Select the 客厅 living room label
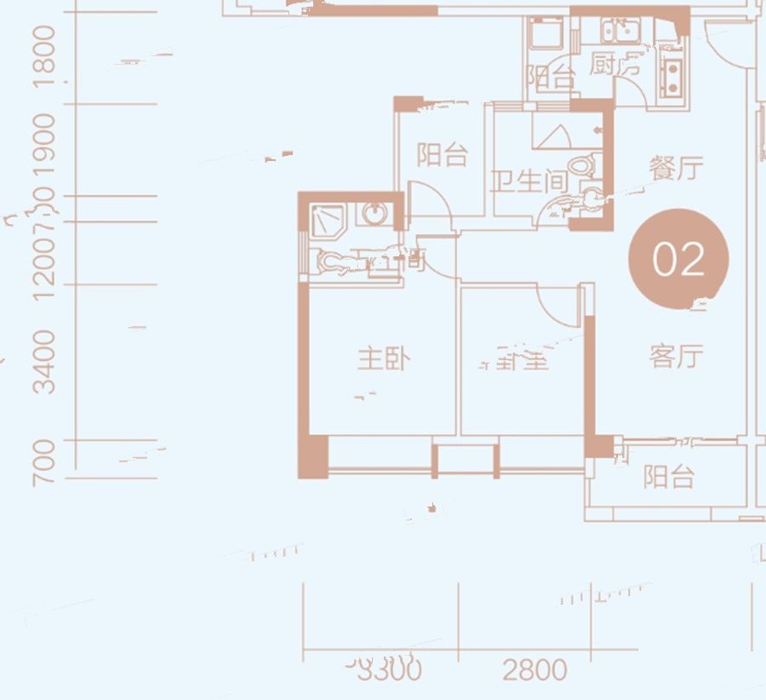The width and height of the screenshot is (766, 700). coord(677,357)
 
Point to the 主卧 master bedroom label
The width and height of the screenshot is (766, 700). coord(383,359)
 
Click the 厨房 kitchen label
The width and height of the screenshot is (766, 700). coord(615,65)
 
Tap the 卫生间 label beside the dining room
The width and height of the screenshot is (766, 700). coord(529,181)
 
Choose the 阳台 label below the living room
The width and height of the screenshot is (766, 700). coord(669,477)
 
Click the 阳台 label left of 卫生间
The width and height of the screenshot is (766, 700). coord(443,156)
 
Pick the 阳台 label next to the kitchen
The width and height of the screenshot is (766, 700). coord(549,78)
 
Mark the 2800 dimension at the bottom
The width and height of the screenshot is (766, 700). coord(534,671)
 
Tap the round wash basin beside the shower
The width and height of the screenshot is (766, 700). coord(374,213)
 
